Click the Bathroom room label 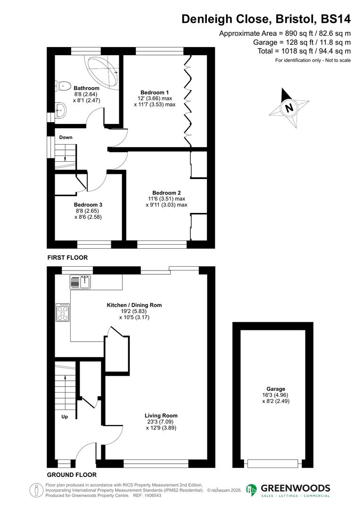tap(86, 88)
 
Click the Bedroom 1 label tap(155, 92)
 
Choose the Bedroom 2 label tap(166, 192)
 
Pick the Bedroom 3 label tap(88, 205)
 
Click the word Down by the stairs tap(66, 137)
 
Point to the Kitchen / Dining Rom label tap(134, 305)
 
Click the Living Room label tap(161, 416)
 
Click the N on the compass tap(289, 107)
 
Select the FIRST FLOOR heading tap(67, 258)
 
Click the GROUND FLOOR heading tap(72, 475)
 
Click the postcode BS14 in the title tap(335, 19)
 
